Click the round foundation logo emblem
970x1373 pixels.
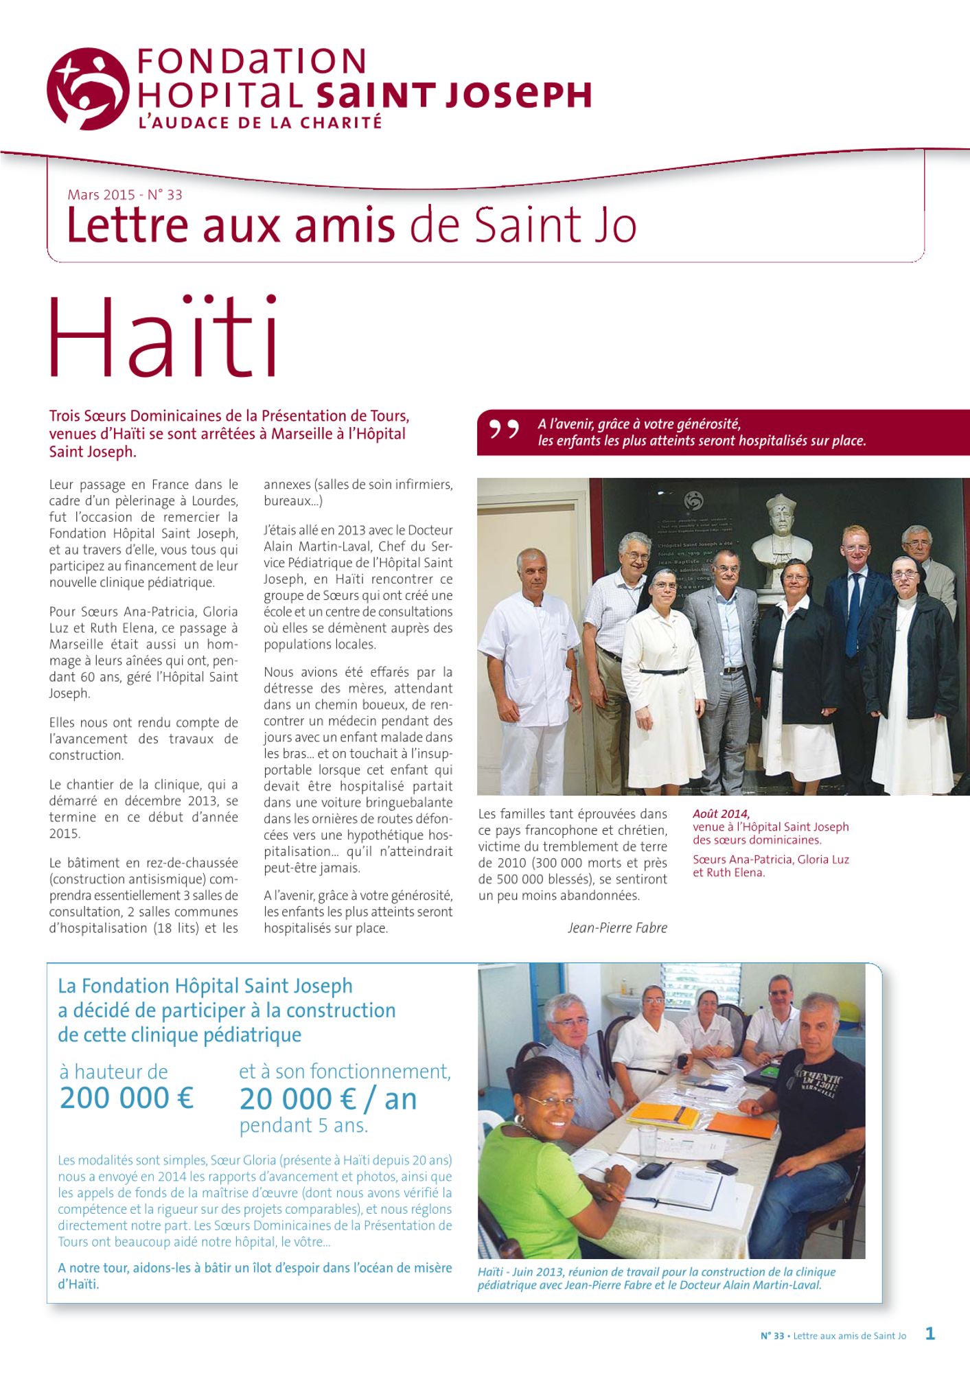[x=88, y=89]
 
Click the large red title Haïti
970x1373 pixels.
[x=163, y=338]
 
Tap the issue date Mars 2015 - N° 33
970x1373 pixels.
[x=125, y=195]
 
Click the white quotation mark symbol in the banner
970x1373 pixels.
[x=503, y=430]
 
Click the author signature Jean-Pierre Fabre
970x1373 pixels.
[x=617, y=928]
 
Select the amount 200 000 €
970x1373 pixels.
[x=127, y=1098]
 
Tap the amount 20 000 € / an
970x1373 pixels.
[x=328, y=1100]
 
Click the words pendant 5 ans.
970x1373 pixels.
[x=303, y=1126]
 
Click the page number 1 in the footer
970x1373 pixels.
[x=930, y=1334]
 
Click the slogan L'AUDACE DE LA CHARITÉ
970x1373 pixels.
[x=259, y=124]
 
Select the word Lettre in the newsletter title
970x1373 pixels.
[x=128, y=225]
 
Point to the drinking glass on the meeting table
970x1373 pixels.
[x=648, y=1140]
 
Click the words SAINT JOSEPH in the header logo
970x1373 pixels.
[x=453, y=95]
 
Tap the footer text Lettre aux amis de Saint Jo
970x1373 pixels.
[x=849, y=1336]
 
